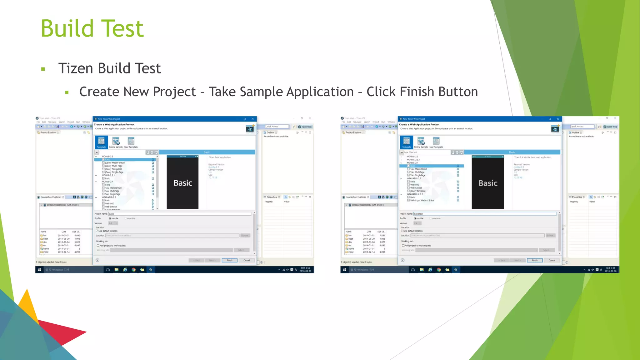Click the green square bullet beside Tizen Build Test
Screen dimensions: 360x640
pyautogui.click(x=43, y=69)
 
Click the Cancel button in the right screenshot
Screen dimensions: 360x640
pyautogui.click(x=552, y=260)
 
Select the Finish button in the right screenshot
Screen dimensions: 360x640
pyautogui.click(x=535, y=260)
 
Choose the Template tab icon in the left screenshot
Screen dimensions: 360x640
pyautogui.click(x=101, y=142)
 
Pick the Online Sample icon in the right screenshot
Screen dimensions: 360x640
pyautogui.click(x=421, y=142)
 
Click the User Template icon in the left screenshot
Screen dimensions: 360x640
pyautogui.click(x=131, y=142)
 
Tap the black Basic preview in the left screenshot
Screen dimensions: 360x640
pyautogui.click(x=182, y=182)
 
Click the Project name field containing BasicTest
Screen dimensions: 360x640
pyautogui.click(x=484, y=214)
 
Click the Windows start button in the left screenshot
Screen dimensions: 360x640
pyautogui.click(x=39, y=270)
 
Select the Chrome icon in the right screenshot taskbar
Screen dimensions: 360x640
pyautogui.click(x=439, y=270)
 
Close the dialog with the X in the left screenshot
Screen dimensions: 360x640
pyautogui.click(x=252, y=119)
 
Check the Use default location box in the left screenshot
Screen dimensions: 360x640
pyautogui.click(x=97, y=231)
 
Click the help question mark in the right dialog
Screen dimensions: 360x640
pyautogui.click(x=402, y=260)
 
